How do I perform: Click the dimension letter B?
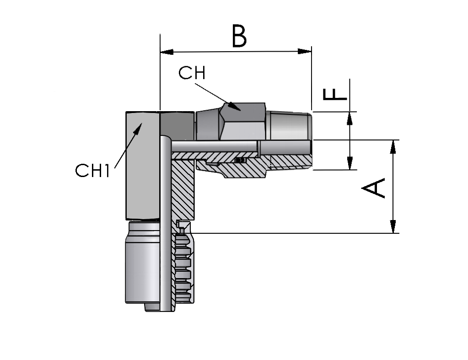(239, 37)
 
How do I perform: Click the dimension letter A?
(373, 188)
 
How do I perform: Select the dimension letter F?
(335, 94)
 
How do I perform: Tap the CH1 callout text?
(93, 171)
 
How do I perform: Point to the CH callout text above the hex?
(192, 73)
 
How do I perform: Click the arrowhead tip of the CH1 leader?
(141, 123)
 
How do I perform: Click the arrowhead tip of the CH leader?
(241, 110)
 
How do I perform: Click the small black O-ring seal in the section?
(240, 160)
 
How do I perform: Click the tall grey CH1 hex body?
(143, 166)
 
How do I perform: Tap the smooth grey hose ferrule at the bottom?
(143, 266)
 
